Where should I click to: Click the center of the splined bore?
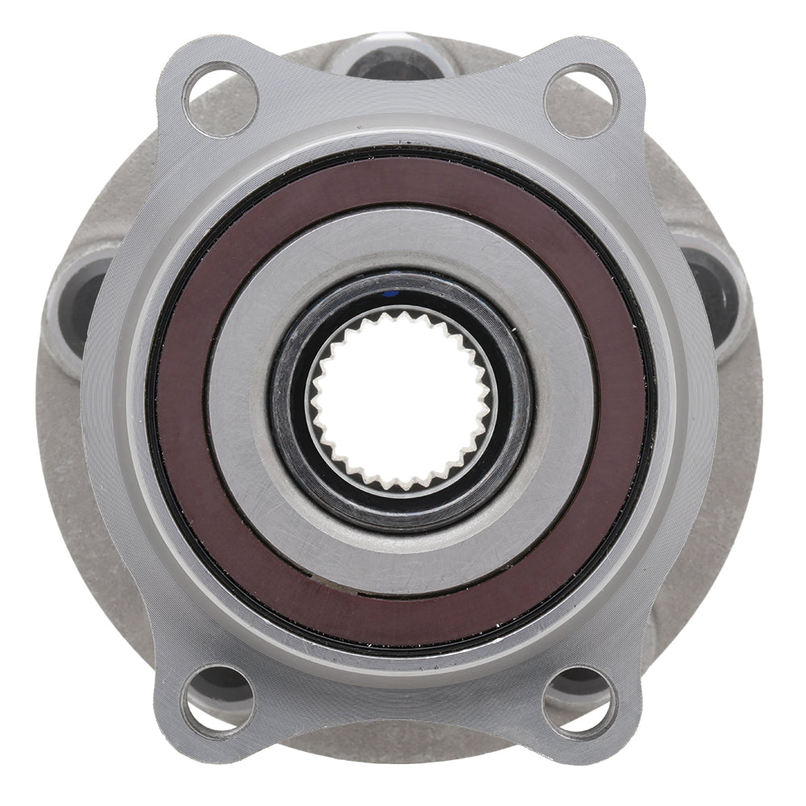pos(401,400)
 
